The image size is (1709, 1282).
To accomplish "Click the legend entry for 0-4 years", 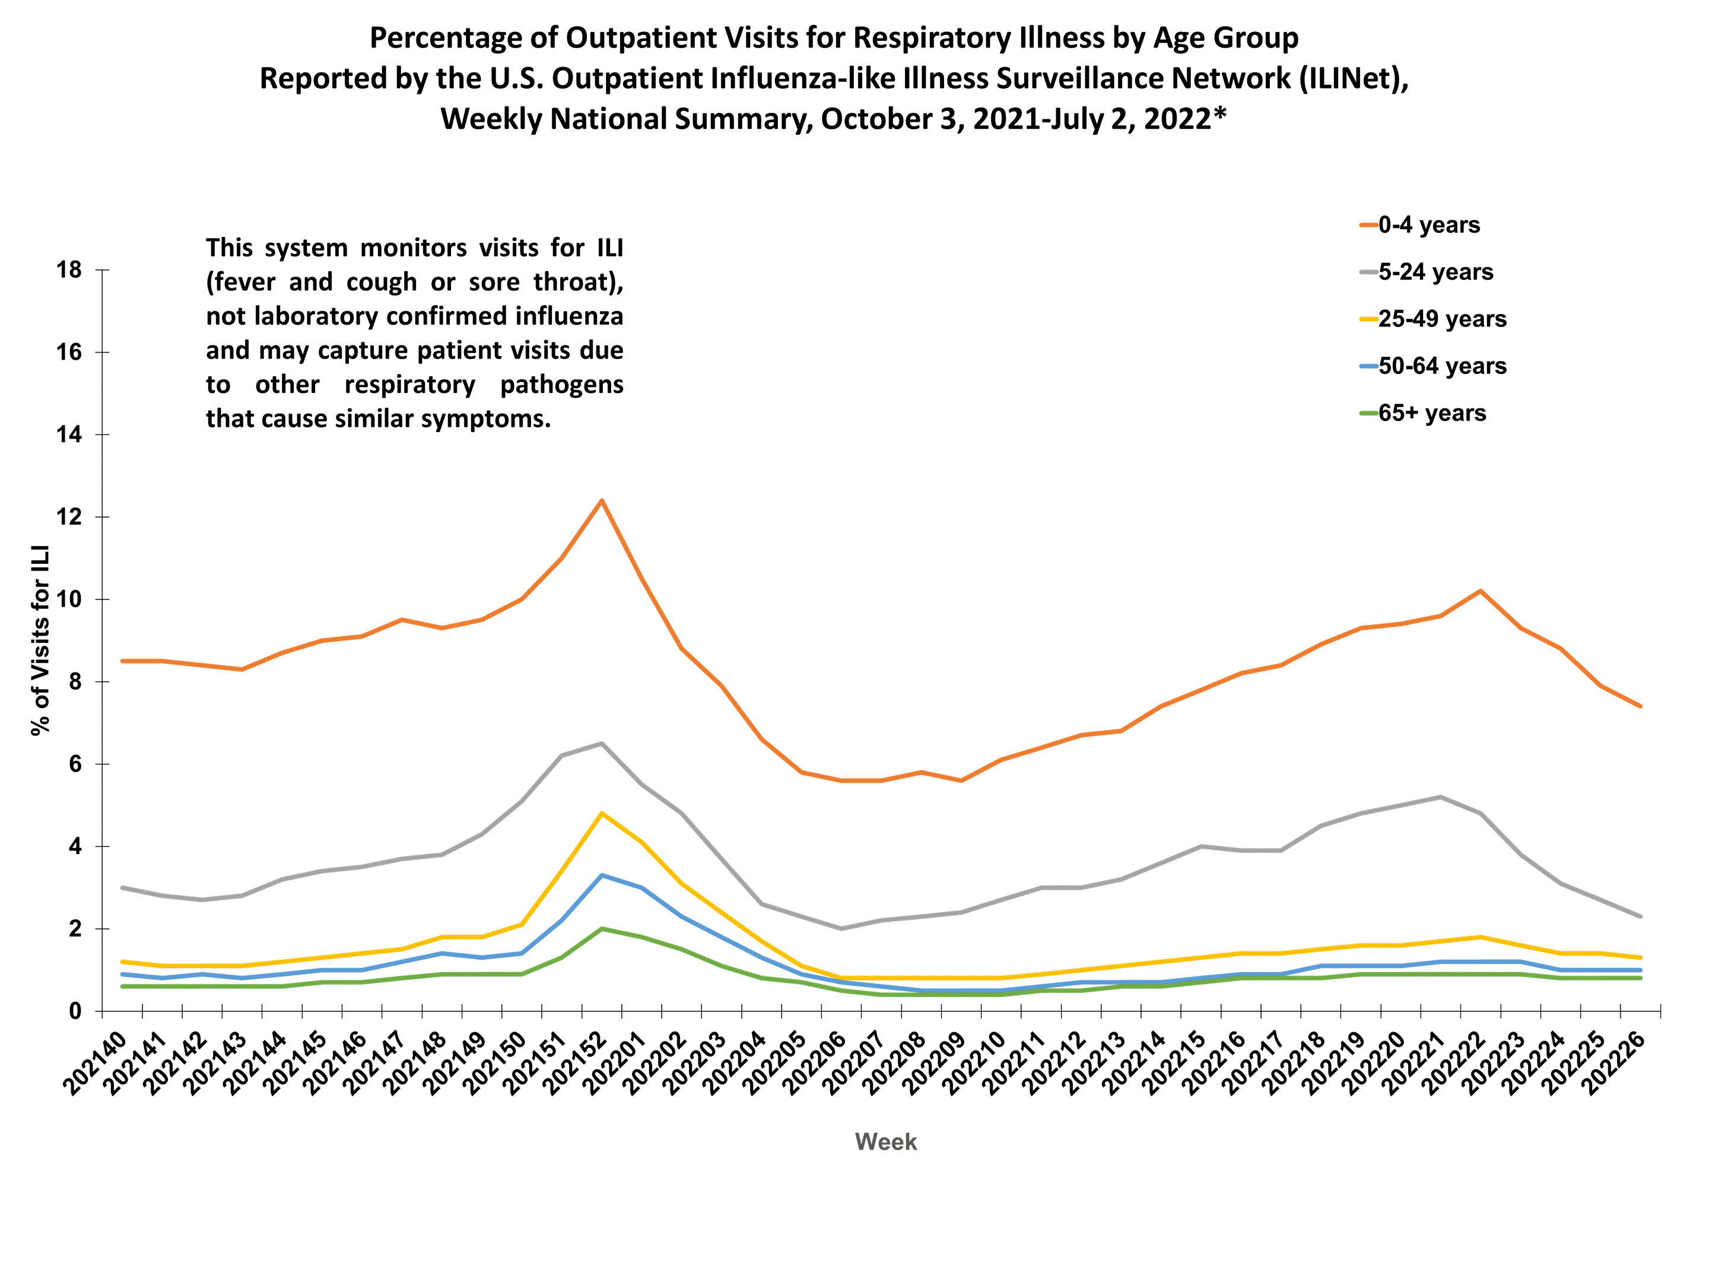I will click(x=1428, y=225).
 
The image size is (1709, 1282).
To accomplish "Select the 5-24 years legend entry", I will click(x=1435, y=272).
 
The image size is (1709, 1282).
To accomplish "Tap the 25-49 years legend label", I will click(x=1442, y=319).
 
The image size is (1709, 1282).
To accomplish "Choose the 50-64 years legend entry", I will click(x=1442, y=366).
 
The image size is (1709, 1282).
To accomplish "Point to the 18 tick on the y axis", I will click(x=69, y=269).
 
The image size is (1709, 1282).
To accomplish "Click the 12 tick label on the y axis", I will click(x=69, y=517).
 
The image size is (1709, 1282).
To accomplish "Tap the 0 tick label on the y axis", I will click(x=75, y=1011).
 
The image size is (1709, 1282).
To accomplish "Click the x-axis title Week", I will click(x=885, y=1142).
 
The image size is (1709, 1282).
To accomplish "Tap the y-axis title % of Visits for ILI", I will click(x=40, y=640).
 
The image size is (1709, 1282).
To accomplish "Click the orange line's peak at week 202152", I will click(x=601, y=501).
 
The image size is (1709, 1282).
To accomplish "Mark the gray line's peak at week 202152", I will click(x=601, y=744).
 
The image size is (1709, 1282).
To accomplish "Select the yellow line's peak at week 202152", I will click(x=601, y=813).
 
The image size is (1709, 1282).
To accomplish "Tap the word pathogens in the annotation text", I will click(x=562, y=385).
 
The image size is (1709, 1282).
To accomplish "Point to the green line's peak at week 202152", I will click(x=601, y=929).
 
